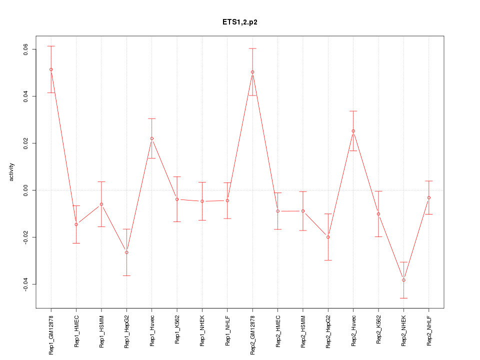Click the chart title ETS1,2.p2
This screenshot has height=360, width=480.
tap(240, 22)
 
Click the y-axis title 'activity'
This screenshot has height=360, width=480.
tap(12, 172)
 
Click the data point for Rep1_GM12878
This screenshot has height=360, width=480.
tap(51, 69)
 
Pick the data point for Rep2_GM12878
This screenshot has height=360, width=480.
tap(252, 72)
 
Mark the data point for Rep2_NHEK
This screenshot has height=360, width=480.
tap(403, 280)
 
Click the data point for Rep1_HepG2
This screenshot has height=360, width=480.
tap(126, 252)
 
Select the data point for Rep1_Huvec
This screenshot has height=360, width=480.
tap(152, 138)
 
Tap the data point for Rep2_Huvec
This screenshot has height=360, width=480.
tap(353, 131)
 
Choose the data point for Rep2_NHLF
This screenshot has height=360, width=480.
tap(428, 197)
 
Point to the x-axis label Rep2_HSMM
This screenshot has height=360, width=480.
tap(303, 330)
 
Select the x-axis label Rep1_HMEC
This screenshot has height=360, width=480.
tap(76, 330)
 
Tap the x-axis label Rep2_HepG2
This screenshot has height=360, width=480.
tap(328, 331)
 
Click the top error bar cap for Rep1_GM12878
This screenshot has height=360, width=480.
tap(51, 46)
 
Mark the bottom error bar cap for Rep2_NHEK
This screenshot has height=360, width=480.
tap(403, 298)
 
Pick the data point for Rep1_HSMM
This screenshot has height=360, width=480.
tap(101, 204)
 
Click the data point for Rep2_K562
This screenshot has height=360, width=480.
tap(378, 214)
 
